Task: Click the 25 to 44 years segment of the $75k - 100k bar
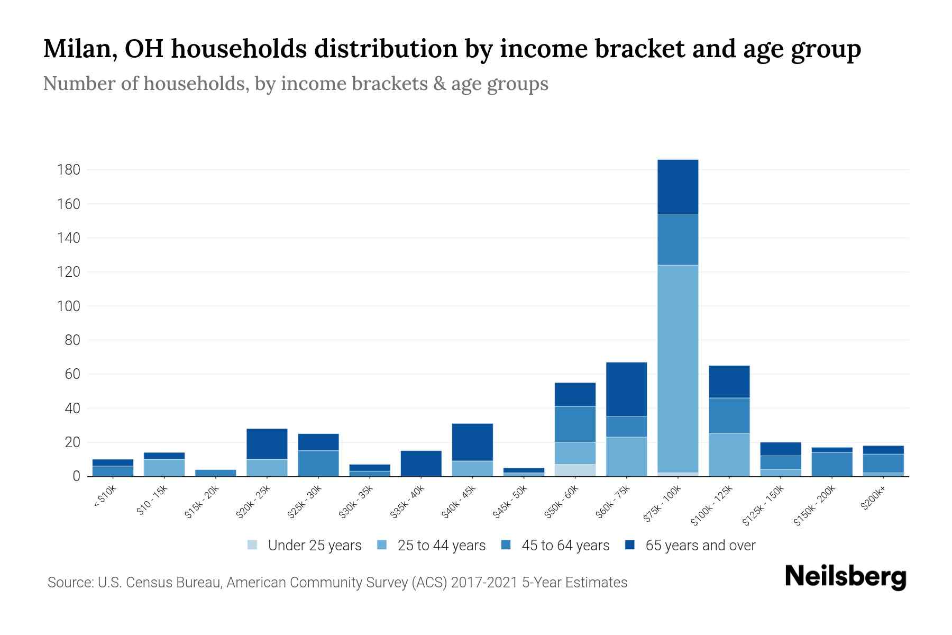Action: [678, 368]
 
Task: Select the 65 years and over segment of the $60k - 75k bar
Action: [626, 389]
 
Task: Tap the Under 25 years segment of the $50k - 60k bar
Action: [575, 470]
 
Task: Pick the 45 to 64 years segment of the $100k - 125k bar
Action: [729, 415]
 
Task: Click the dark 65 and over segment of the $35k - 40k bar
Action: [421, 463]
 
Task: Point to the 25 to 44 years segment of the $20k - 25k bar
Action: [267, 467]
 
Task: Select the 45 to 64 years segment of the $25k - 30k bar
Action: [318, 463]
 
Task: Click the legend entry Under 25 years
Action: [314, 546]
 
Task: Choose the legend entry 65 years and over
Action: [700, 546]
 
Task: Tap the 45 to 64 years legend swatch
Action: [506, 545]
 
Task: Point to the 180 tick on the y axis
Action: [69, 170]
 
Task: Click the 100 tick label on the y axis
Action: [69, 306]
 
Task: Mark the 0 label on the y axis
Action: [76, 476]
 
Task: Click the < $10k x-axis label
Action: [104, 497]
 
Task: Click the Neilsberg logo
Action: [845, 577]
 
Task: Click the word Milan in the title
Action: [76, 49]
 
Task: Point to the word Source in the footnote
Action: [69, 583]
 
